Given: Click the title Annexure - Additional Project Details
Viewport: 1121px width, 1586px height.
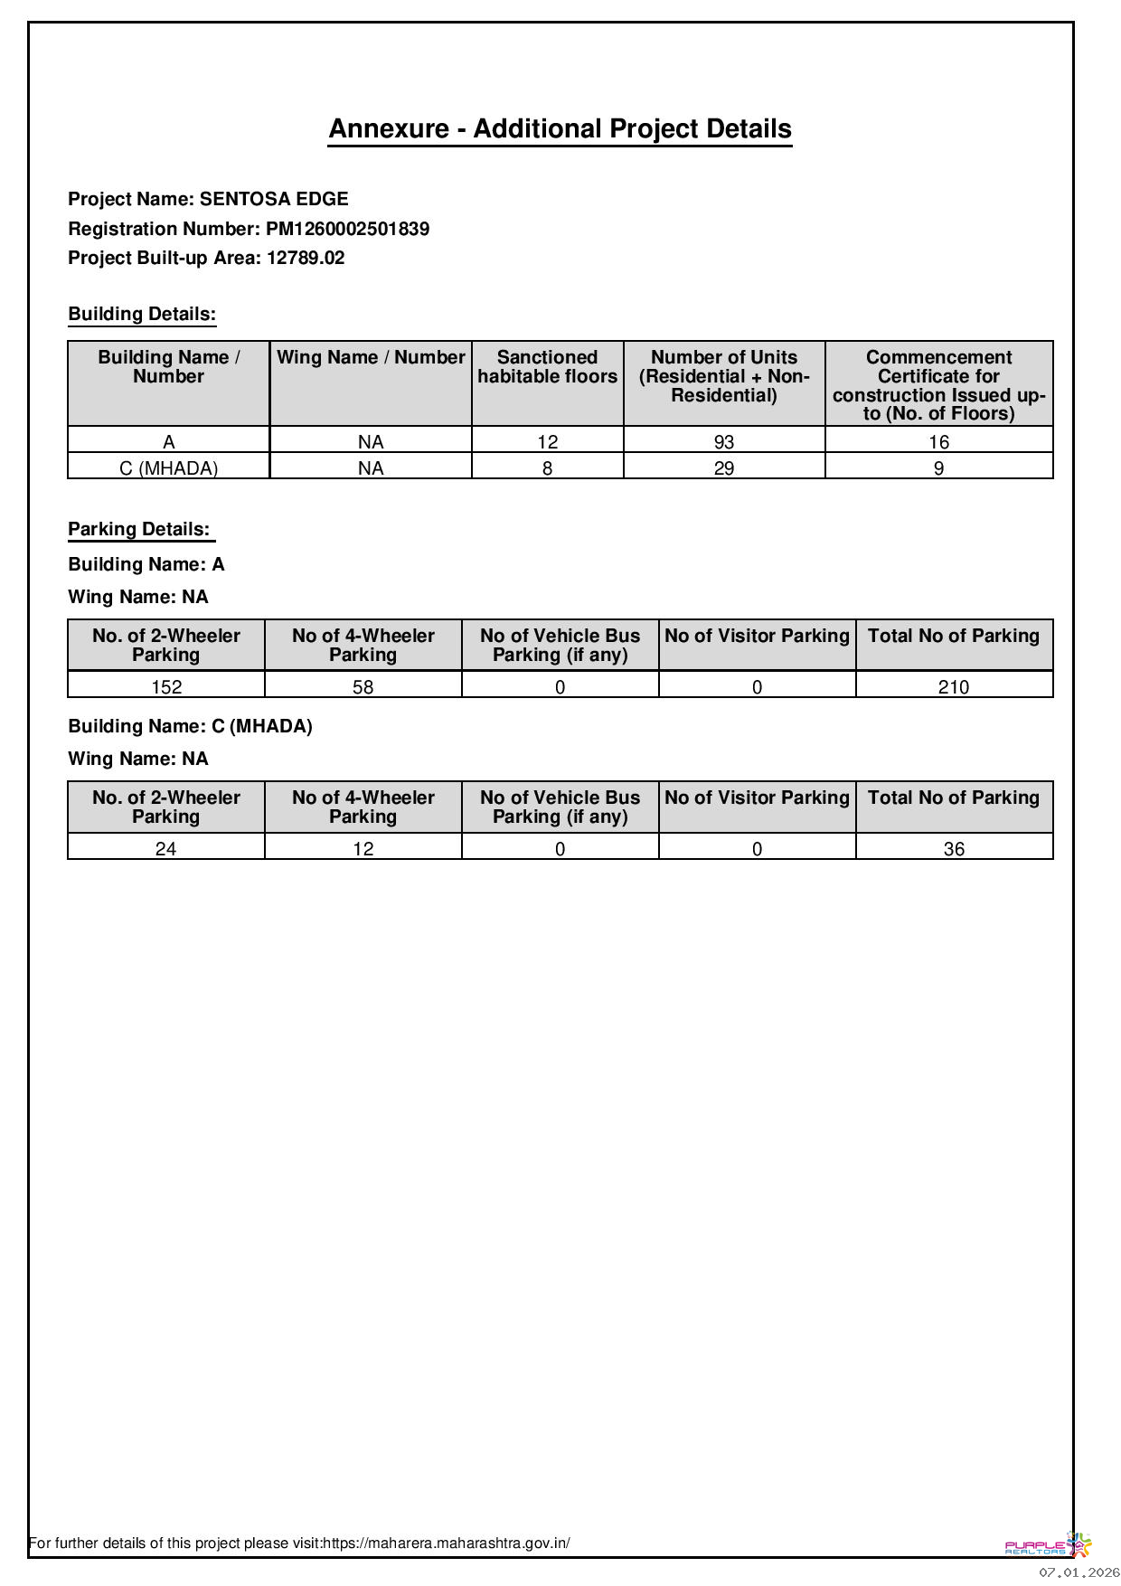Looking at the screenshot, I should tap(560, 128).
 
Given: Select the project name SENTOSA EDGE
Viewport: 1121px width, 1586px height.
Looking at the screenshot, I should tap(273, 199).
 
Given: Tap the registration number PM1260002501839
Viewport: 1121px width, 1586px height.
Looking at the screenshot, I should tap(347, 229).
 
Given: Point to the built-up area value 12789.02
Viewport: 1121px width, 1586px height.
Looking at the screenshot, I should tap(306, 258).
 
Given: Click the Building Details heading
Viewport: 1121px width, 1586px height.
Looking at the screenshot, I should tap(142, 314).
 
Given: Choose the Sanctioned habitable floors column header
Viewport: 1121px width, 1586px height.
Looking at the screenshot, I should tap(547, 367).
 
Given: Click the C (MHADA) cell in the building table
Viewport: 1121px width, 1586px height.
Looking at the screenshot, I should tap(168, 468).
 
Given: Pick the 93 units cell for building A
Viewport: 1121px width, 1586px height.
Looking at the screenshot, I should tap(723, 442).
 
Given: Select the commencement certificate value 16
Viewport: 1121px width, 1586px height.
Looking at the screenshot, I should tap(938, 442).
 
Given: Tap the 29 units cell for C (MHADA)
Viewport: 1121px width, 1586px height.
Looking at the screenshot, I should tap(723, 468).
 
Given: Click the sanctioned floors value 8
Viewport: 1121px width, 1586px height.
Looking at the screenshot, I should tap(547, 468).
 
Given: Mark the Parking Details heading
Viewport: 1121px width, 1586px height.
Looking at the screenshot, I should tap(139, 529).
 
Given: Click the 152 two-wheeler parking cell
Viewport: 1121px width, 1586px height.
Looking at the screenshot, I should tap(166, 687).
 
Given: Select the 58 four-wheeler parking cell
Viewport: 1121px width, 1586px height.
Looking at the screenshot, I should tap(363, 687).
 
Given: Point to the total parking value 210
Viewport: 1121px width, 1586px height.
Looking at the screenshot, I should tap(954, 687).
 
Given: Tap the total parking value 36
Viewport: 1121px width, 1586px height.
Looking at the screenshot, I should tap(954, 849).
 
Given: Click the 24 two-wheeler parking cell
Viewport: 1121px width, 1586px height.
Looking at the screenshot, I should tap(166, 849).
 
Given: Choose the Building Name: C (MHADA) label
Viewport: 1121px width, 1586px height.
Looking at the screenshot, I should tap(190, 726).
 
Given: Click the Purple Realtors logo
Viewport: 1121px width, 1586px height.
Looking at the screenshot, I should tap(1048, 1544).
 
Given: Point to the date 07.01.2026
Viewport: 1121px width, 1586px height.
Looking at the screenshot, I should tap(1079, 1573).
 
